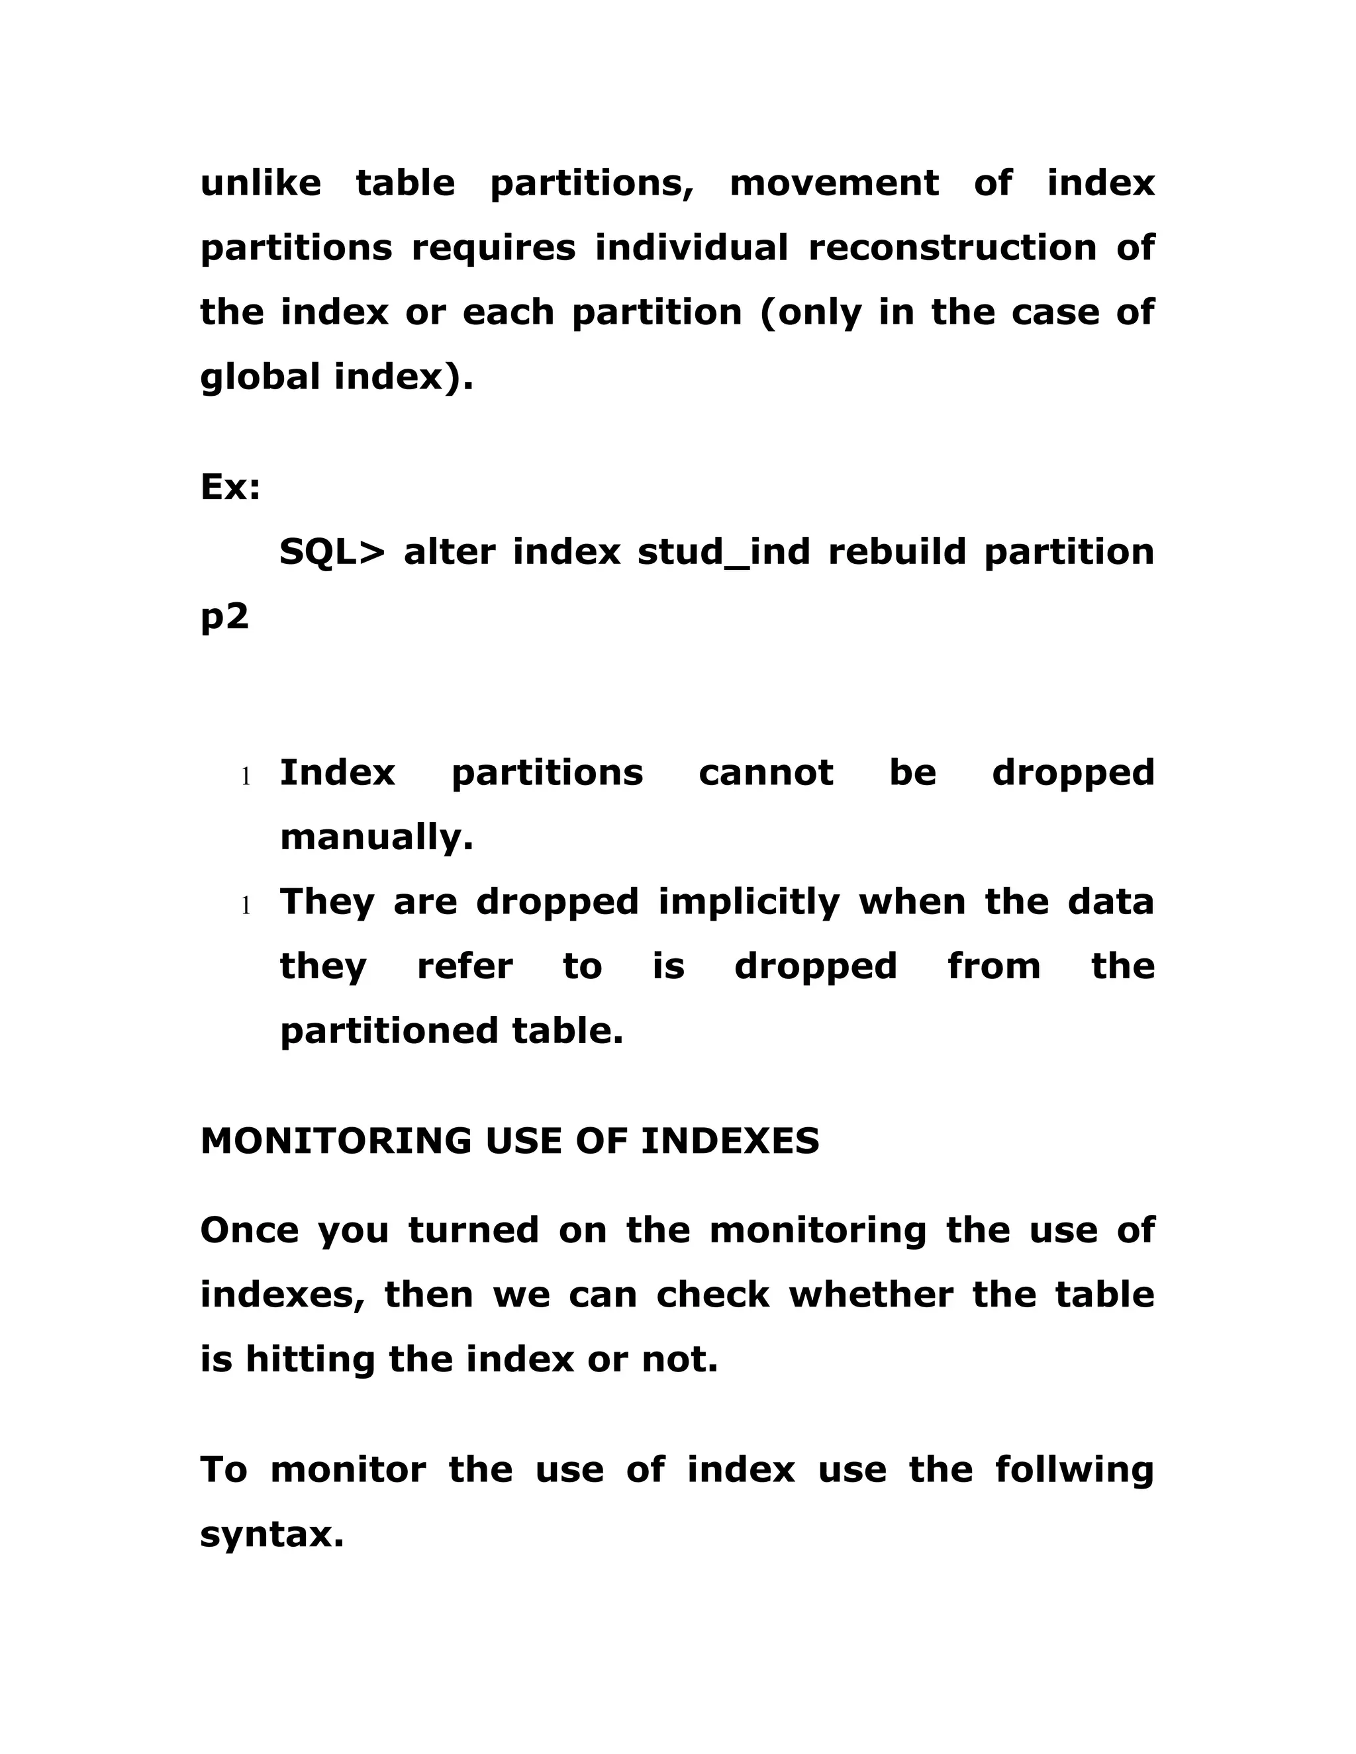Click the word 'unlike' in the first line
[260, 183]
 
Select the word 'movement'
[833, 183]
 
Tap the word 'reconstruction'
[952, 248]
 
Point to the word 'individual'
[691, 248]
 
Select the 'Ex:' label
[230, 488]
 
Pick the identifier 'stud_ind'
[723, 553]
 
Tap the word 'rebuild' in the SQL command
[896, 553]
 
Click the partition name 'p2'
[224, 618]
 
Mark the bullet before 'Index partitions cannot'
[246, 776]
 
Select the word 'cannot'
[765, 773]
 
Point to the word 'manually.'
[376, 839]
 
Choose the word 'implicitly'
[749, 903]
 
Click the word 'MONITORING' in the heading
[336, 1141]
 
